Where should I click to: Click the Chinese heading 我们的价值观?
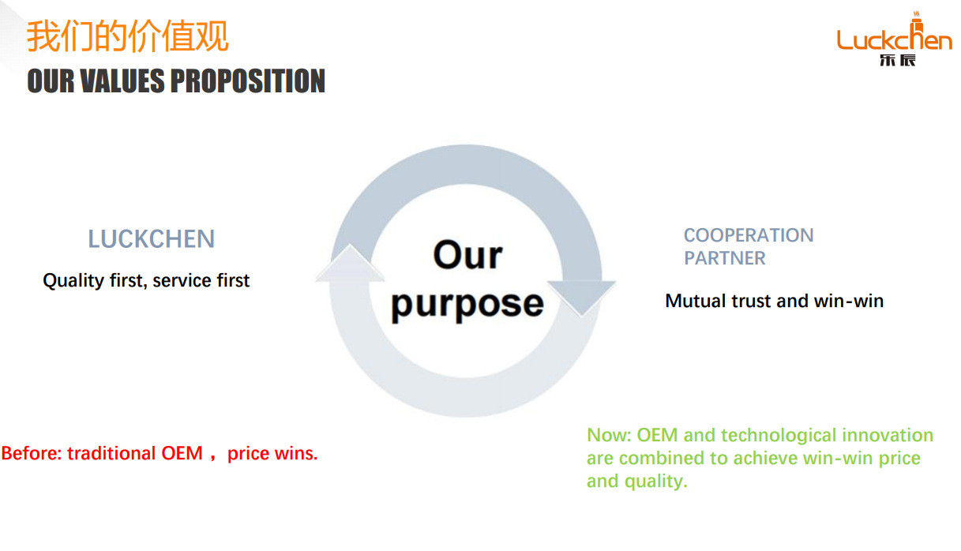pyautogui.click(x=128, y=36)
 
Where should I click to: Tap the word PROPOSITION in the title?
pyautogui.click(x=248, y=81)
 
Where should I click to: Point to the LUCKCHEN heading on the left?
pyautogui.click(x=151, y=239)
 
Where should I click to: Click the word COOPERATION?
pyautogui.click(x=748, y=235)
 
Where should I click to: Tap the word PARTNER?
pyautogui.click(x=724, y=258)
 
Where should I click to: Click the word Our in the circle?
pyautogui.click(x=467, y=255)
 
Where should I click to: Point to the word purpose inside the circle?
pyautogui.click(x=467, y=305)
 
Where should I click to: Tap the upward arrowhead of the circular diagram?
pyautogui.click(x=350, y=264)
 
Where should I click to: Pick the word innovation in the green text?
pyautogui.click(x=888, y=436)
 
